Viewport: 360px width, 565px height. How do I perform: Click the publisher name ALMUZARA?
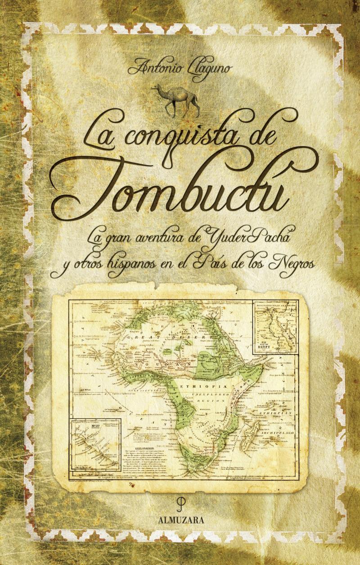point(181,519)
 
